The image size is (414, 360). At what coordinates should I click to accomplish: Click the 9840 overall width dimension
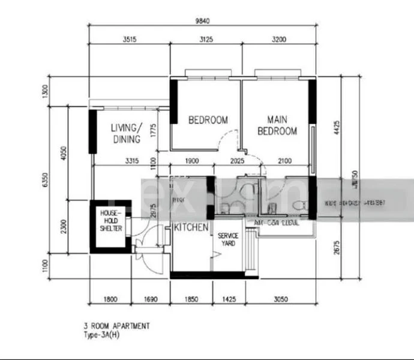click(202, 21)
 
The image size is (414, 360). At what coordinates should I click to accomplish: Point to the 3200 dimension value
click(278, 40)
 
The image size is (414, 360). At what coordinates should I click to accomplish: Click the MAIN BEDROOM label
click(277, 125)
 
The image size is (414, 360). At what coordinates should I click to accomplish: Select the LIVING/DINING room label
click(127, 133)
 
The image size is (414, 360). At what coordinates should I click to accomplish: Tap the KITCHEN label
click(191, 228)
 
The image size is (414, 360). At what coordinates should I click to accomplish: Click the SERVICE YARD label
click(227, 239)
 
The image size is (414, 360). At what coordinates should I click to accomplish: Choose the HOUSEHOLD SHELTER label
click(111, 221)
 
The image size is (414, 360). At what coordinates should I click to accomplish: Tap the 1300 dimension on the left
click(44, 91)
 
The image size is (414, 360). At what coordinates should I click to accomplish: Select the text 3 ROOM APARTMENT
click(117, 326)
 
